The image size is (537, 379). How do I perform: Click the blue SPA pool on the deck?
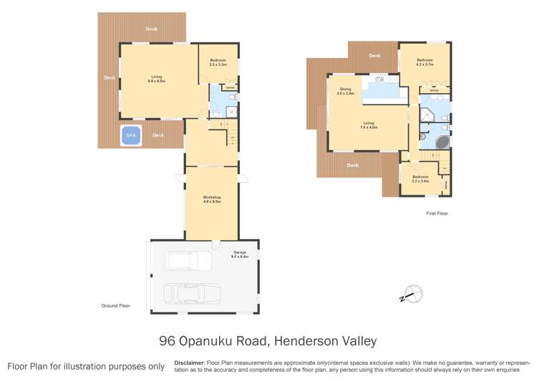131,135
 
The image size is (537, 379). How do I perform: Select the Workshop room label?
211,199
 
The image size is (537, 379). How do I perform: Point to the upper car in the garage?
188,261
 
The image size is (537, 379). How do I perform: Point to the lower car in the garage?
191,293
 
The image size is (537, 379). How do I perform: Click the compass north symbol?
413,294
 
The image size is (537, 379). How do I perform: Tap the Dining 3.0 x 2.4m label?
345,92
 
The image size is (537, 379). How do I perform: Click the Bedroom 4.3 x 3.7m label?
425,62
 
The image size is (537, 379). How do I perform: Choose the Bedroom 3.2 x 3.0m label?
420,179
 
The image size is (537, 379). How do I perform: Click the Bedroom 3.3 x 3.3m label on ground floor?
218,62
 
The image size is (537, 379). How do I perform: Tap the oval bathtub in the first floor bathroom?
442,140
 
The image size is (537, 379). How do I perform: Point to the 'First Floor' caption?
437,213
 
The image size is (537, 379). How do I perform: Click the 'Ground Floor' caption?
115,305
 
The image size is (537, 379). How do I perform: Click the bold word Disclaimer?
189,363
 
